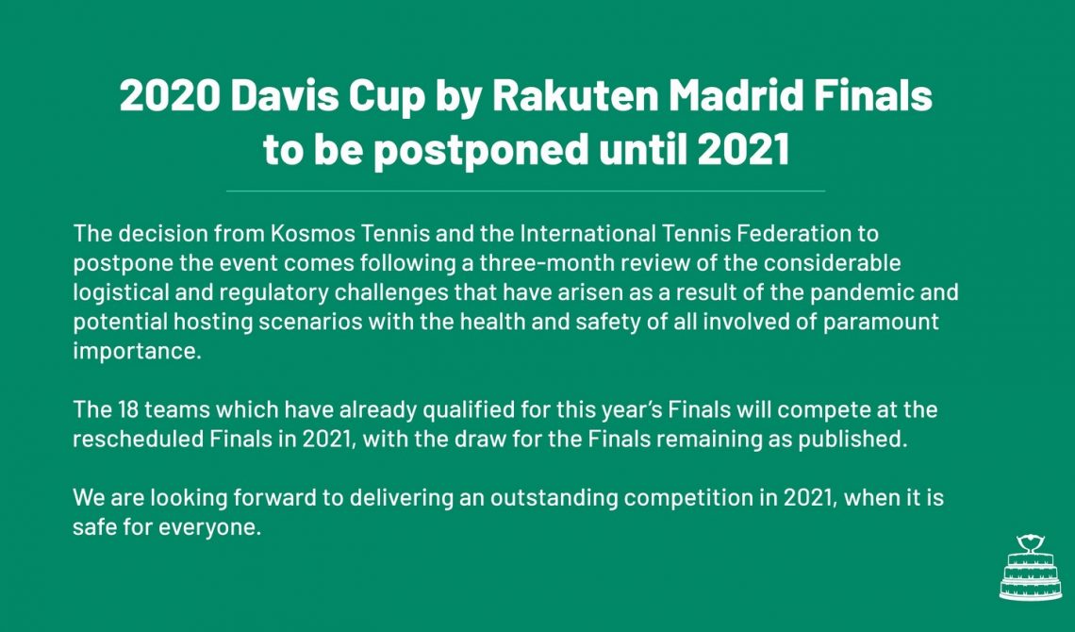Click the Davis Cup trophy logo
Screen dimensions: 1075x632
tap(1031, 568)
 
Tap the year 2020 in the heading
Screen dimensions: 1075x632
tap(170, 95)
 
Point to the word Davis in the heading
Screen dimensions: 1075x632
tap(285, 95)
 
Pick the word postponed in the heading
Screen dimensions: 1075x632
tap(481, 149)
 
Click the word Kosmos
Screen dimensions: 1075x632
tap(313, 233)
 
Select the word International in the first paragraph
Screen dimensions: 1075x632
tap(587, 233)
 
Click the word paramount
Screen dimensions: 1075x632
tap(881, 323)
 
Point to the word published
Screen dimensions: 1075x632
tap(852, 440)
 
